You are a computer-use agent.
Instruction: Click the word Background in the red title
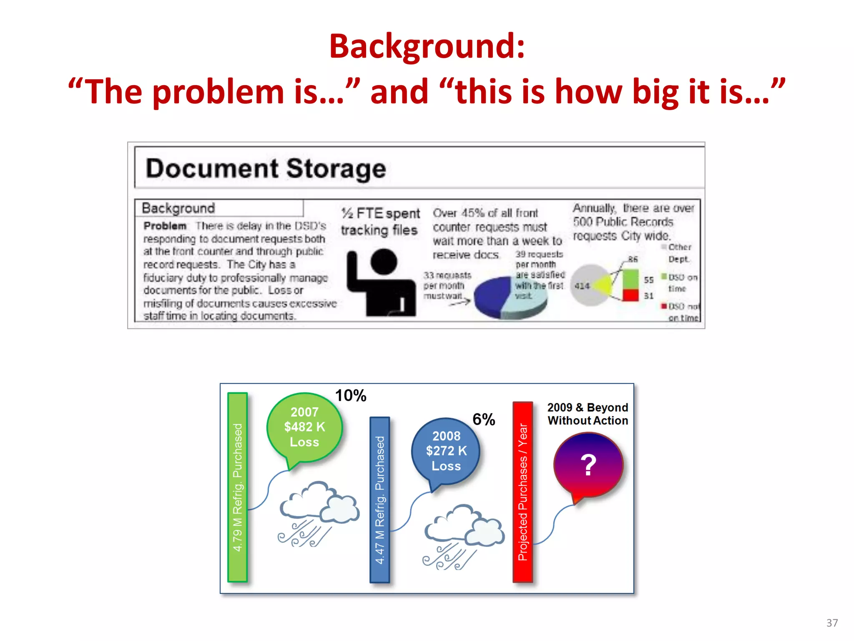(426, 47)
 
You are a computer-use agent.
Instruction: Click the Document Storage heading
(266, 169)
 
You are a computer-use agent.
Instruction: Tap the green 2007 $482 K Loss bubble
(304, 427)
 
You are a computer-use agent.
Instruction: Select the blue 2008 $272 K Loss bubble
(446, 451)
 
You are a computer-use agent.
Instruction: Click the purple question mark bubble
(588, 464)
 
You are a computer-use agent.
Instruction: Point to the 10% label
(350, 395)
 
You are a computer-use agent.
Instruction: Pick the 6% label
(483, 419)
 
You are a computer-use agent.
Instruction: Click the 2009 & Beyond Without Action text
(588, 414)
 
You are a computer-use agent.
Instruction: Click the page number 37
(832, 623)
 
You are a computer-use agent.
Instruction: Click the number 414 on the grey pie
(582, 286)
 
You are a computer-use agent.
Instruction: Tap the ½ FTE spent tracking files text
(380, 222)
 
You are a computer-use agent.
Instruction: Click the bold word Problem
(165, 226)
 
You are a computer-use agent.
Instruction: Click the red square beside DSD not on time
(664, 306)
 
